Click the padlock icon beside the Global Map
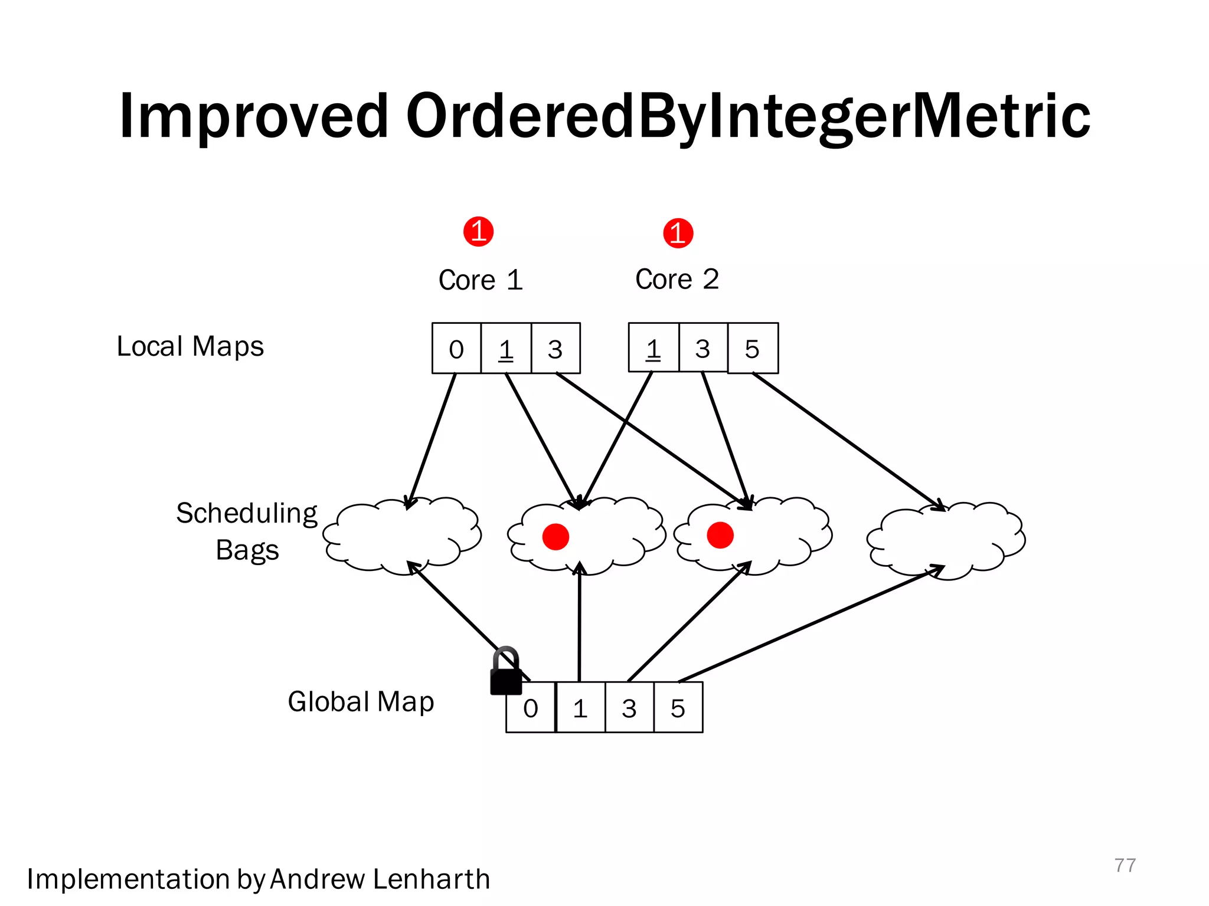(x=506, y=673)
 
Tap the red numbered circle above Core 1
(x=478, y=231)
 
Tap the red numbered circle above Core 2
(x=678, y=233)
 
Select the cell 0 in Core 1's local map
(x=456, y=349)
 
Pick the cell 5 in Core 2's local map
(x=753, y=349)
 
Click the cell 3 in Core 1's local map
(x=555, y=349)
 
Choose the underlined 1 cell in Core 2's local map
(x=653, y=349)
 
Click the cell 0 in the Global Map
(x=531, y=708)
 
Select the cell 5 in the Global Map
(x=678, y=708)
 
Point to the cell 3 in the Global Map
(x=629, y=708)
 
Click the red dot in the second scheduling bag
(x=556, y=537)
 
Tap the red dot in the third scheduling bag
(x=720, y=536)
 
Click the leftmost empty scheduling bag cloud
(x=401, y=537)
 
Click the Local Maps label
(x=190, y=346)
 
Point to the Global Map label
(x=361, y=702)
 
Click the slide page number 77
(x=1125, y=865)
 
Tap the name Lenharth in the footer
(x=432, y=879)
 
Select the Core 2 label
(x=677, y=279)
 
